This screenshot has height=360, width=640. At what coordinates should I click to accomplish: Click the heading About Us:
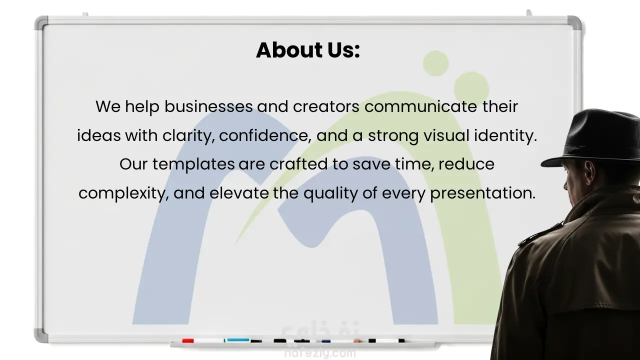tap(307, 50)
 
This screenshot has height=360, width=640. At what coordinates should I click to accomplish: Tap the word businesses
tap(208, 106)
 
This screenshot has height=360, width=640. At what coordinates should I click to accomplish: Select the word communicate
tap(421, 106)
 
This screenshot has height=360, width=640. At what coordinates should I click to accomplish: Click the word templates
tap(193, 164)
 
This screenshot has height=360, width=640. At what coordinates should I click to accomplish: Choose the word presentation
tap(482, 193)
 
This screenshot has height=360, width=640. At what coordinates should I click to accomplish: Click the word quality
tap(330, 193)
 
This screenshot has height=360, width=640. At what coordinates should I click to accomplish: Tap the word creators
tap(326, 106)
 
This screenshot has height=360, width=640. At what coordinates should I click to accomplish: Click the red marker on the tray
tap(188, 340)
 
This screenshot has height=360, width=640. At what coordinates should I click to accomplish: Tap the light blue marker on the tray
tap(237, 340)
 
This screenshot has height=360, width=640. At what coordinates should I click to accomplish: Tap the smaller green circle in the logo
tap(435, 63)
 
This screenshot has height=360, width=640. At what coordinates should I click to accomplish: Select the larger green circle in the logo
tap(471, 89)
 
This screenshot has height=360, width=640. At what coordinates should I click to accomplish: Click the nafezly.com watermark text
tap(320, 353)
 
